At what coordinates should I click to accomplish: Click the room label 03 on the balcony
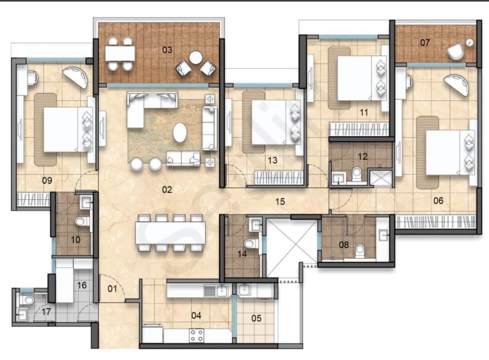[x=167, y=50]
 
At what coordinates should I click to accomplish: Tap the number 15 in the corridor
[x=280, y=202]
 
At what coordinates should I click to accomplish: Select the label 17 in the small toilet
[x=46, y=312]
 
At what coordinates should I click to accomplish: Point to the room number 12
[x=363, y=156]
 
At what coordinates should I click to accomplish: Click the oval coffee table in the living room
[x=180, y=133]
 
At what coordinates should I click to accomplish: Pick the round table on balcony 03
[x=196, y=58]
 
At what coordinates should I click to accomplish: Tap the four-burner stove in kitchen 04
[x=197, y=336]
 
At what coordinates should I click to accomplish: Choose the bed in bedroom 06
[x=450, y=153]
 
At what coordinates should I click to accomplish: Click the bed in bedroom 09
[x=68, y=130]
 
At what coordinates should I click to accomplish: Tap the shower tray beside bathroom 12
[x=380, y=178]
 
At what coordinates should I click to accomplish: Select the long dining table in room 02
[x=171, y=233]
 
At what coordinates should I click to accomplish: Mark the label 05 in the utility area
[x=256, y=318]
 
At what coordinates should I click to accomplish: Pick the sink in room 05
[x=244, y=290]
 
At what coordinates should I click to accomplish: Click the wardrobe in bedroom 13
[x=279, y=178]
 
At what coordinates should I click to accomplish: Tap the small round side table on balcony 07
[x=470, y=43]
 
